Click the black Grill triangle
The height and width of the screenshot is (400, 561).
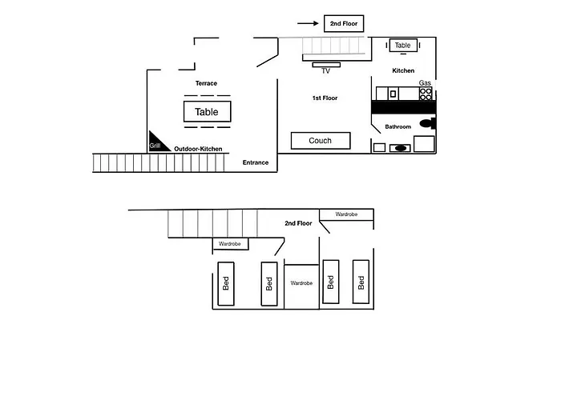coord(156,144)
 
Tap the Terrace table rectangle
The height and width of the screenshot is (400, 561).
coord(207,112)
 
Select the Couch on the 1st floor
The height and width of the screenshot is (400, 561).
coord(321,141)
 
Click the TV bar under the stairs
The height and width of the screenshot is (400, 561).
coord(326,65)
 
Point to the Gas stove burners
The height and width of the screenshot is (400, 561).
coord(426,94)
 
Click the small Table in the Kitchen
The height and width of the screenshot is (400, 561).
coord(403,46)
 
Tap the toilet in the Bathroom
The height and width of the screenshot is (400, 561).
coord(427,123)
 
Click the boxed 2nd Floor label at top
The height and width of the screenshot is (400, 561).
coord(344,23)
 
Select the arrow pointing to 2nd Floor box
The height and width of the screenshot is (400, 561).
coord(308,23)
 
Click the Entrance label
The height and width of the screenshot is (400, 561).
coord(256,162)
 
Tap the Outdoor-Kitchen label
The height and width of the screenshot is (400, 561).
coord(198,149)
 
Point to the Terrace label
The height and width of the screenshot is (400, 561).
coord(206,83)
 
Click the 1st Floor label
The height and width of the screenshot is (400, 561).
coord(325,98)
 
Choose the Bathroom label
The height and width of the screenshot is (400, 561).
coord(398,126)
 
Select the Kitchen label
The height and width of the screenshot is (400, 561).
coord(403,70)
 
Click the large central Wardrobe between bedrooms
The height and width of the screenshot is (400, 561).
coord(301,286)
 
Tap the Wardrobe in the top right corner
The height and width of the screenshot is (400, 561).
coord(346,214)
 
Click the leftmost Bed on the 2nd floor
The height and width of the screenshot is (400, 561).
coord(226,284)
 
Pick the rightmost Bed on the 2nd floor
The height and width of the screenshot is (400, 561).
coord(361,282)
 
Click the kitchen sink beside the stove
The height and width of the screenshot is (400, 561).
coord(394,94)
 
